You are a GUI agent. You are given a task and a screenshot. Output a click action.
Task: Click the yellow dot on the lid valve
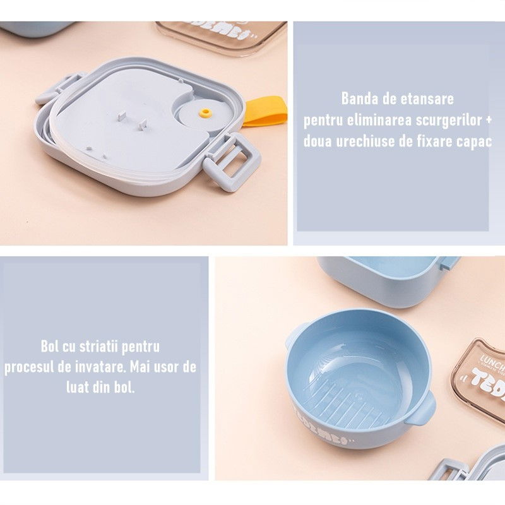tap(204, 113)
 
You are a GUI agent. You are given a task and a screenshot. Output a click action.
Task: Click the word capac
tap(473, 141)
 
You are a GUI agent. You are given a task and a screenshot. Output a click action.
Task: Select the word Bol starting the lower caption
tap(49, 346)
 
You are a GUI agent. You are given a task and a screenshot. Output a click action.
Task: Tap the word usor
tap(162, 367)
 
